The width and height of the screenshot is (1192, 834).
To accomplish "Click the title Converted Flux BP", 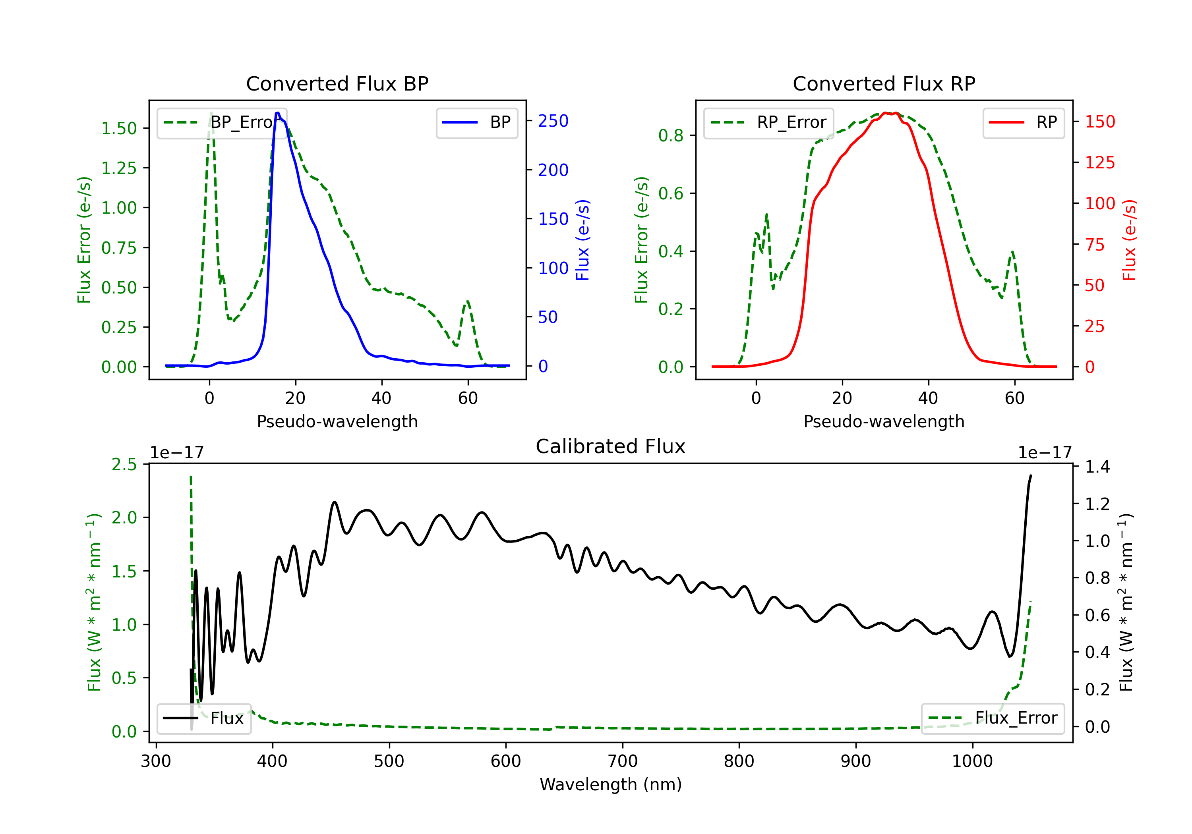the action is pyautogui.click(x=337, y=83).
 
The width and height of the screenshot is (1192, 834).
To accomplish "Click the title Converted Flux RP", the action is pyautogui.click(x=884, y=83).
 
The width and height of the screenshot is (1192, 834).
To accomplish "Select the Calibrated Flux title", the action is pyautogui.click(x=611, y=446).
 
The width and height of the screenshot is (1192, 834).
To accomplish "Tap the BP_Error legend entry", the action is pyautogui.click(x=221, y=122).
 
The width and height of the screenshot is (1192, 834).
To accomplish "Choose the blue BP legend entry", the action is pyautogui.click(x=476, y=122).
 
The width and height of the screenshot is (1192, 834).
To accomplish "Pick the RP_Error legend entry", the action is pyautogui.click(x=768, y=122).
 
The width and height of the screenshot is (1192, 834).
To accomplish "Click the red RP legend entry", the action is pyautogui.click(x=1023, y=122).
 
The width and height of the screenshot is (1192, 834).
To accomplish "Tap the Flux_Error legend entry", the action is pyautogui.click(x=993, y=718).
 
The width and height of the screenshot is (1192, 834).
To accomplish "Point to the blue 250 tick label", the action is pyautogui.click(x=553, y=121).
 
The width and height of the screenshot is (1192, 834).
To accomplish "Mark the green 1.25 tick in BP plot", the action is pyautogui.click(x=119, y=168).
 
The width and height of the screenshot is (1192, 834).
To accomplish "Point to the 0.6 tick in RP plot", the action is pyautogui.click(x=671, y=193).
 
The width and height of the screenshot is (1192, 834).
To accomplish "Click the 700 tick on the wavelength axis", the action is pyautogui.click(x=623, y=761).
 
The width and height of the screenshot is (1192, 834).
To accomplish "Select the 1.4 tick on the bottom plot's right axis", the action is pyautogui.click(x=1097, y=467).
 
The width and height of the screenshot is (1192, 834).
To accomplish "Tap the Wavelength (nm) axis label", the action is pyautogui.click(x=611, y=784).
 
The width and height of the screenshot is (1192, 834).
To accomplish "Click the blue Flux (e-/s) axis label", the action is pyautogui.click(x=583, y=240).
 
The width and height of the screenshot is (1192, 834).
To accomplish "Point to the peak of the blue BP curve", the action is pyautogui.click(x=278, y=113).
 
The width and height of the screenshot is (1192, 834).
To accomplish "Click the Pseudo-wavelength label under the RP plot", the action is pyautogui.click(x=884, y=421).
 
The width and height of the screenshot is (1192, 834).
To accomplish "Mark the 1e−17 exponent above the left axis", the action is pyautogui.click(x=177, y=453).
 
